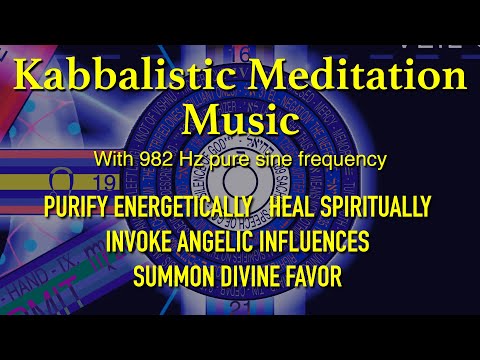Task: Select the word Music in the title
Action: click(x=240, y=122)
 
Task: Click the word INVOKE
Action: click(x=139, y=241)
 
